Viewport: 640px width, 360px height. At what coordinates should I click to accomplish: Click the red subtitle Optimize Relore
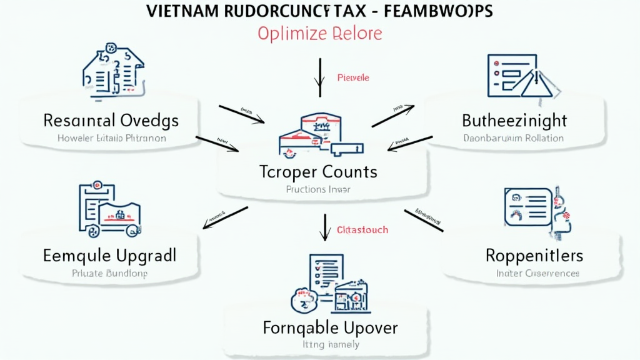(x=319, y=33)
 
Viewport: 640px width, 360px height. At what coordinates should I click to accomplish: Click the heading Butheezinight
(x=514, y=120)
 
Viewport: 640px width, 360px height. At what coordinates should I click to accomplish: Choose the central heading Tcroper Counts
(x=318, y=171)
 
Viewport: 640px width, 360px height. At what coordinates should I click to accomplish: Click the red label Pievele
(x=353, y=78)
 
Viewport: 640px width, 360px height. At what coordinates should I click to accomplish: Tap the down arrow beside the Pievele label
(x=320, y=77)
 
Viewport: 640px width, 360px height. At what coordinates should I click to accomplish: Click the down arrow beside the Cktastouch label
(x=324, y=227)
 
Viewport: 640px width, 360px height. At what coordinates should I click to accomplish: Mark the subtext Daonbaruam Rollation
(x=514, y=138)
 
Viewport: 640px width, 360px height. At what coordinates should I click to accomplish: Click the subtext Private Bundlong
(x=109, y=273)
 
